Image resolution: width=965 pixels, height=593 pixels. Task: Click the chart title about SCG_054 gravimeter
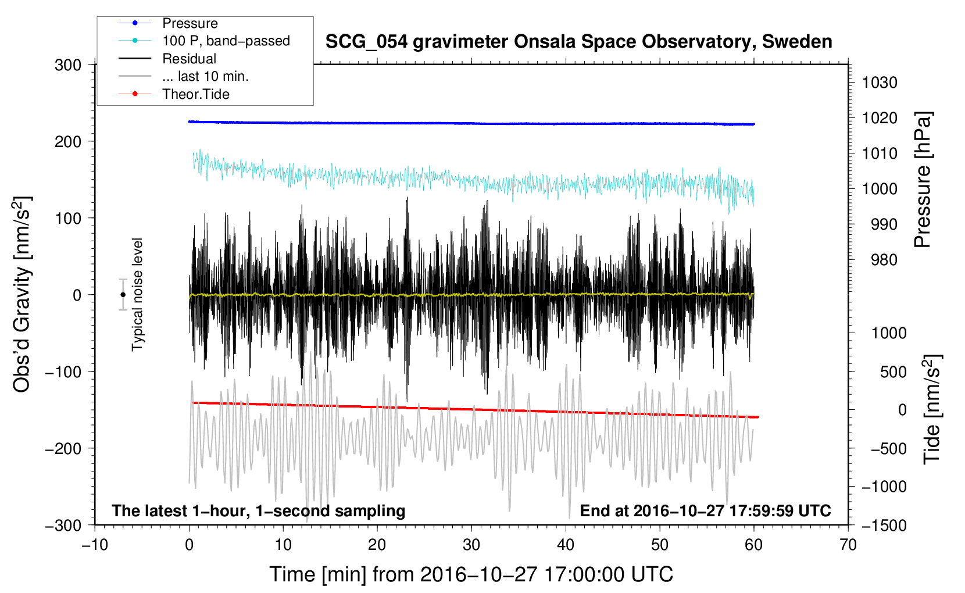click(x=578, y=42)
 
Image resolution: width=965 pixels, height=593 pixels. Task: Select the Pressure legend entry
click(x=190, y=23)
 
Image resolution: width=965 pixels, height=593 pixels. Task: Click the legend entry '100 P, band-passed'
click(x=226, y=41)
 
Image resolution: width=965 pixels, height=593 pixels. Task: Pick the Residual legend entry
click(x=189, y=59)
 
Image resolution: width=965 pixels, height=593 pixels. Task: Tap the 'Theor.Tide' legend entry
click(x=195, y=94)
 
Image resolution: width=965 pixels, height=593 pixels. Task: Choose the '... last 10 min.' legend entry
click(x=205, y=76)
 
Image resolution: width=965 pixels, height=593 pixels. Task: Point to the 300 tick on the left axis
click(x=68, y=65)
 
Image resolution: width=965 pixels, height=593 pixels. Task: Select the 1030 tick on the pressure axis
click(x=880, y=83)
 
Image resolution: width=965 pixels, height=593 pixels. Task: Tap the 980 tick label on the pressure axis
click(x=884, y=260)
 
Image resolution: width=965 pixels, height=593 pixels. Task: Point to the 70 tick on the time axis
click(x=848, y=545)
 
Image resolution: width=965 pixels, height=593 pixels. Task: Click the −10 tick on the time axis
click(x=95, y=545)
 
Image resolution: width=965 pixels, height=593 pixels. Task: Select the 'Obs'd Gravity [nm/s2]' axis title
click(x=22, y=294)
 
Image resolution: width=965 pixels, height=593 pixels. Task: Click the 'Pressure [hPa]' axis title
click(x=923, y=180)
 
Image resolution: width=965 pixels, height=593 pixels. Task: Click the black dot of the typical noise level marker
click(x=123, y=295)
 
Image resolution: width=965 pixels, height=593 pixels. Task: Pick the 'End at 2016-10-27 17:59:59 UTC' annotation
click(x=705, y=511)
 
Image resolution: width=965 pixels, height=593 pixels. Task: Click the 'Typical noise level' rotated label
click(x=137, y=294)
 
